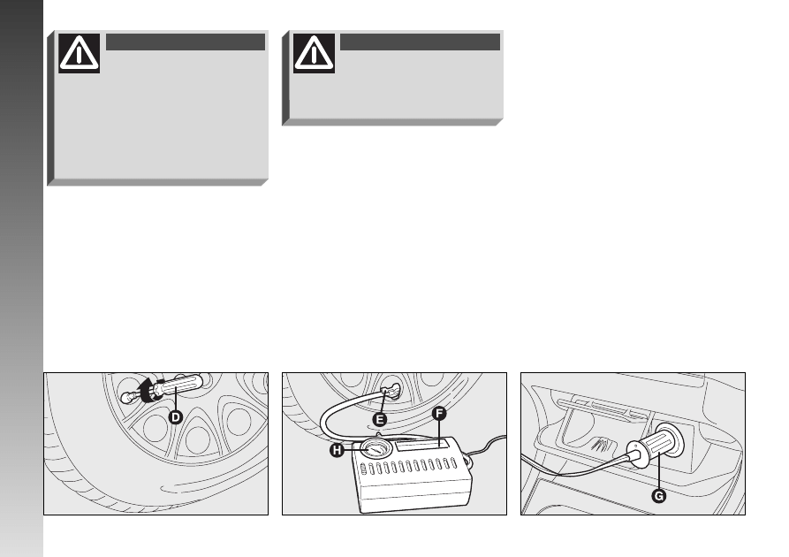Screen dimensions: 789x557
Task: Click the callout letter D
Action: click(175, 417)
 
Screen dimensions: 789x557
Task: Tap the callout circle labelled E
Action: click(380, 419)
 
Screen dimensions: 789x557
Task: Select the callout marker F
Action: click(439, 414)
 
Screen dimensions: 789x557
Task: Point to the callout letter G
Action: click(658, 496)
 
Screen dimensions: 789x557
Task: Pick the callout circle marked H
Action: click(337, 450)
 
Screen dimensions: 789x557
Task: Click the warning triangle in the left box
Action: click(79, 53)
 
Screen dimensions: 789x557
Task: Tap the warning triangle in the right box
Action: click(314, 53)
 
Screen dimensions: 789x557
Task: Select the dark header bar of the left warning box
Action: click(186, 42)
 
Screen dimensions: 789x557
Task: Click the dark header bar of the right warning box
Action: click(421, 42)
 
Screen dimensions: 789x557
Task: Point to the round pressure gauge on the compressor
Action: click(376, 448)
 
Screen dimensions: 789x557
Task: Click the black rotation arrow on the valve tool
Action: click(148, 389)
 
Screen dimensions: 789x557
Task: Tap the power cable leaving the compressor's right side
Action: click(486, 446)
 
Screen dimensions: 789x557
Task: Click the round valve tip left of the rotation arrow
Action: click(128, 398)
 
